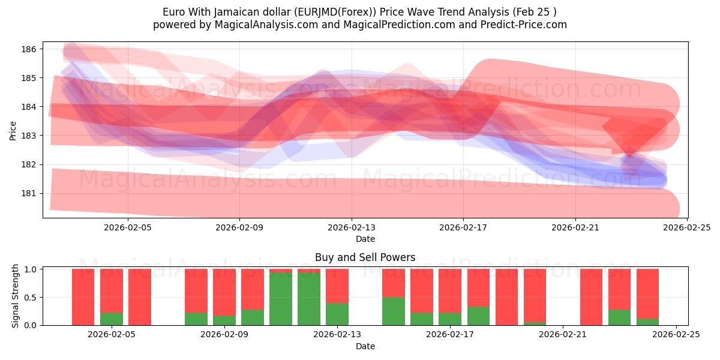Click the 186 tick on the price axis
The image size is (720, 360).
click(31, 49)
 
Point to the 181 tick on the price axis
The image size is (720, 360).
click(31, 193)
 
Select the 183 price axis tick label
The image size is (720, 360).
click(31, 136)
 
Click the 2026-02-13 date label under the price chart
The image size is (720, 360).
click(352, 227)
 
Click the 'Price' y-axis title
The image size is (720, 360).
click(13, 130)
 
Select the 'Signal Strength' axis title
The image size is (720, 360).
click(16, 296)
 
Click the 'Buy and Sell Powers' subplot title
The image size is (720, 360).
click(365, 257)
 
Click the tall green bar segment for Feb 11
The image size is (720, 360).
click(280, 299)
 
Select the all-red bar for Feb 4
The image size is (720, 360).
click(83, 297)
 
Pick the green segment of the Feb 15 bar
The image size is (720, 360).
click(393, 311)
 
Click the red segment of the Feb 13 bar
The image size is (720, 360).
click(337, 286)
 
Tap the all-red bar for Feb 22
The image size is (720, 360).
click(591, 297)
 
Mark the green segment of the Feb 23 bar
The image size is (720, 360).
click(619, 317)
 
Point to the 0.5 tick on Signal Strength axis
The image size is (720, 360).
click(31, 298)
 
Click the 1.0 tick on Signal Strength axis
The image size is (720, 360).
click(31, 269)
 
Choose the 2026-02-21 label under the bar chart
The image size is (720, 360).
click(563, 335)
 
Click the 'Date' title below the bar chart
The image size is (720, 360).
click(365, 346)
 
